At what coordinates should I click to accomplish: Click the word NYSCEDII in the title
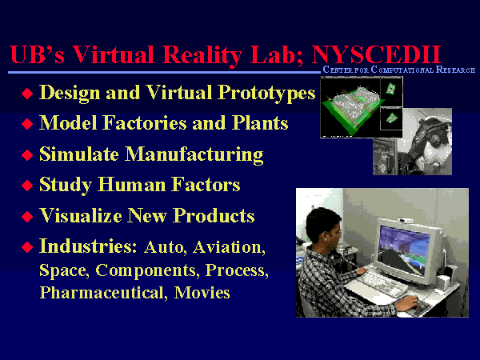click(376, 54)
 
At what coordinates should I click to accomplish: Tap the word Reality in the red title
click(202, 55)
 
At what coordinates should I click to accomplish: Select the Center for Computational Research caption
click(399, 70)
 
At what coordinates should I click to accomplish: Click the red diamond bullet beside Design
click(27, 94)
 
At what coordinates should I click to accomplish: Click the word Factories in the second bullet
click(145, 123)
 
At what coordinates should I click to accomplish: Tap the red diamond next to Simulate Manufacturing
click(27, 155)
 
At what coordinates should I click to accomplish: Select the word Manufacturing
click(194, 155)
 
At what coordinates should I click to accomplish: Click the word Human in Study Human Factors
click(132, 185)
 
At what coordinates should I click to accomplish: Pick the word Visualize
click(81, 216)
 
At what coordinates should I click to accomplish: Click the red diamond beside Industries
click(27, 246)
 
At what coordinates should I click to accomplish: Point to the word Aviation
click(229, 247)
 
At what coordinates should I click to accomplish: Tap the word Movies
click(202, 293)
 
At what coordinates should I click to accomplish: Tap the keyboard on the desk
click(378, 283)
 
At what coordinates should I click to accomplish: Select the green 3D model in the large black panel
click(351, 110)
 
